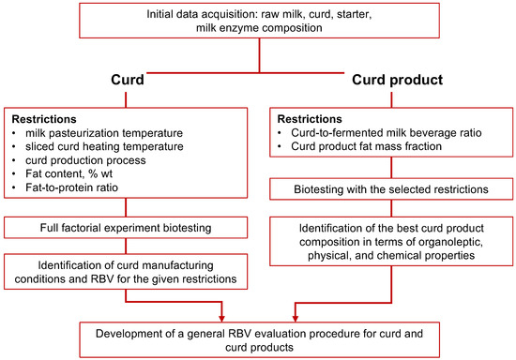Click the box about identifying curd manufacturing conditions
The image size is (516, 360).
click(126, 271)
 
